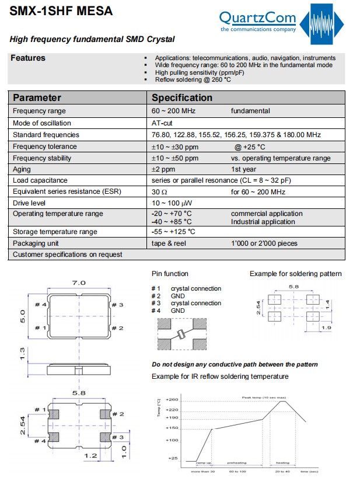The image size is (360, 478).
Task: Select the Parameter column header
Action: click(37, 97)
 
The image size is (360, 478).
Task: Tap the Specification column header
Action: click(182, 97)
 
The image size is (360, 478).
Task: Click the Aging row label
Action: click(22, 169)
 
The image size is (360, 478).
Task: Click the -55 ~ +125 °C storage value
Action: click(173, 232)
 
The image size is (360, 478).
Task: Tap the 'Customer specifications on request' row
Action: click(68, 254)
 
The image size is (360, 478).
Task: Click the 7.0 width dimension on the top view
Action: click(78, 282)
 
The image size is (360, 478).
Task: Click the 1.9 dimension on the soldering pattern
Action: click(327, 329)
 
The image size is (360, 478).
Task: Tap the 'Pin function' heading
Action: click(170, 274)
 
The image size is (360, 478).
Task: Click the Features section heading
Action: click(28, 58)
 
